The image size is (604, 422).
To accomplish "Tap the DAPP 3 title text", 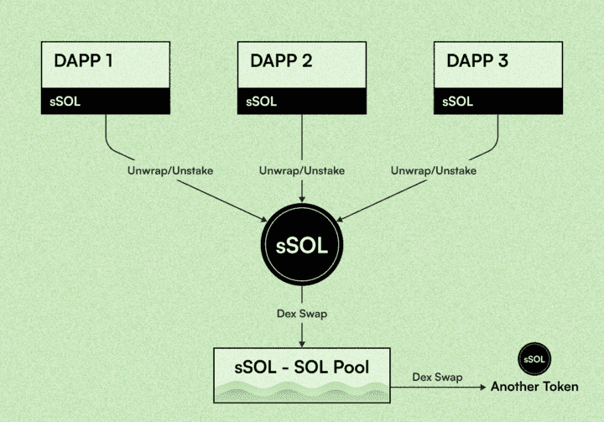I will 477,61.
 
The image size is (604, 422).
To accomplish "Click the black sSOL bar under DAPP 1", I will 106,101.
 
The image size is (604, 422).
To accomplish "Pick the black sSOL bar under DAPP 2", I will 303,101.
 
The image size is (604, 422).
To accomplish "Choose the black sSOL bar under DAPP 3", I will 497,101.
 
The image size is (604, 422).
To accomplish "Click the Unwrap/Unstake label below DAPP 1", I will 170,170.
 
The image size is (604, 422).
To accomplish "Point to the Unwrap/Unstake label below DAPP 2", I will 301,170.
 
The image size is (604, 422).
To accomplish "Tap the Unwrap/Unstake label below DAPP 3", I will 433,170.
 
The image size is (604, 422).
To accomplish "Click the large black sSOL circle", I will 302,246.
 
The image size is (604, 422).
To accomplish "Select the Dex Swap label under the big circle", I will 302,314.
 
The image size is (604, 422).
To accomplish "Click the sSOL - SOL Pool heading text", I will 302,367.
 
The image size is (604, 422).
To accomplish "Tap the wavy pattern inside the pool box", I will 302,391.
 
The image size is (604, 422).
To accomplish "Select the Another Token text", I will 534,387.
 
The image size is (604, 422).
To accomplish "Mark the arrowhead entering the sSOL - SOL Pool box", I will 302,343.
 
